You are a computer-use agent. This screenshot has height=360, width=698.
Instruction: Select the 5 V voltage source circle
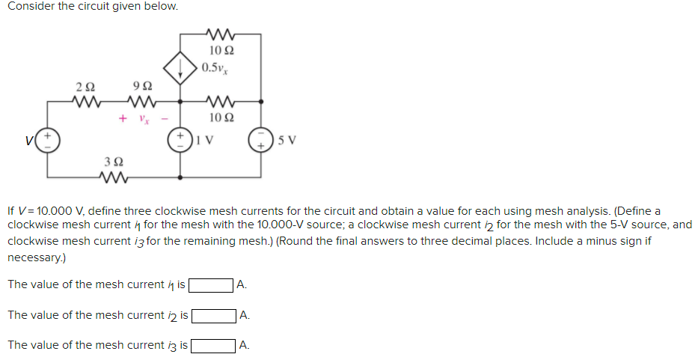pos(261,140)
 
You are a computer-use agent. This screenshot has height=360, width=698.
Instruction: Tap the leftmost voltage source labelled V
pos(48,140)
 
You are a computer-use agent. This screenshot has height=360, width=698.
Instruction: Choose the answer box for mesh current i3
pos(213,345)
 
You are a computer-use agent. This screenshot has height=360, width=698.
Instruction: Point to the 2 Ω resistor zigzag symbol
pos(85,100)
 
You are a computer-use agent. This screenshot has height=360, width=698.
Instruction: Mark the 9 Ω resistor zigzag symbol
pos(138,100)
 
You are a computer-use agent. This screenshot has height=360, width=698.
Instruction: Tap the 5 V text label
pos(286,140)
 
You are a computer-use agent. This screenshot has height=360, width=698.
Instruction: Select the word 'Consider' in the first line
pos(30,7)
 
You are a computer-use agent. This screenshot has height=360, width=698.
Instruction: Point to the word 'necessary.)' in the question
pos(35,257)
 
